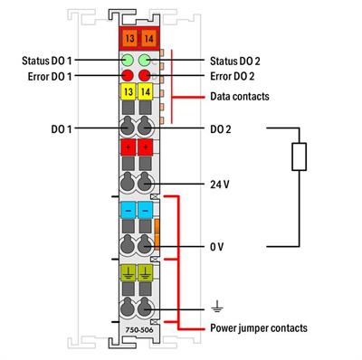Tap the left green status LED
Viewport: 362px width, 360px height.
point(128,61)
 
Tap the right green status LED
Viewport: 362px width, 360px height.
point(148,61)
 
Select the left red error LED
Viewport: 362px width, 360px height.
point(128,75)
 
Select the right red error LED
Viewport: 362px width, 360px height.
point(148,75)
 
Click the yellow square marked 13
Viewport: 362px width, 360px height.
point(128,93)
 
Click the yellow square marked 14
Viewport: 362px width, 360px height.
point(148,93)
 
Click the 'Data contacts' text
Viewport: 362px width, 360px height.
point(239,94)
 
